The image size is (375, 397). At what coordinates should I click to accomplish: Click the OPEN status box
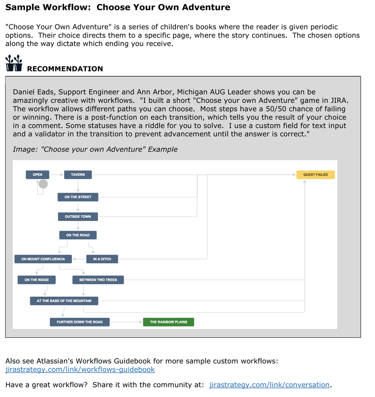tap(37, 174)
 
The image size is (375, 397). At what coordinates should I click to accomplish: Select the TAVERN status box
tap(78, 174)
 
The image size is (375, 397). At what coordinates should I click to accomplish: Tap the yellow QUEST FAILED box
tap(315, 174)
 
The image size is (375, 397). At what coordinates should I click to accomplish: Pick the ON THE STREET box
tap(78, 197)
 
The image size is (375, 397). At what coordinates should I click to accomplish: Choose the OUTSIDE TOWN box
tap(78, 217)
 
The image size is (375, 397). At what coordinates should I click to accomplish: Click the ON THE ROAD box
tap(78, 235)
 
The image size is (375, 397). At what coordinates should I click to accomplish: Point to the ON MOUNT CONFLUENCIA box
tap(43, 259)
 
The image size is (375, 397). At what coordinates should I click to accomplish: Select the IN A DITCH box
tap(102, 259)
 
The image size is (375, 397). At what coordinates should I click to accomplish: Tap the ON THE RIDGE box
tap(37, 280)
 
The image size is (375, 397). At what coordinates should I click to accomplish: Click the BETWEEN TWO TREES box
tap(98, 280)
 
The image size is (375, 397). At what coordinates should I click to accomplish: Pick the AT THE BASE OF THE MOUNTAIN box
tap(64, 301)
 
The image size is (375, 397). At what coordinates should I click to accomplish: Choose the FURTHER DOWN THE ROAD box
tap(80, 322)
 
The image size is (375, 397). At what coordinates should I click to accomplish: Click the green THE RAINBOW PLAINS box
tap(168, 322)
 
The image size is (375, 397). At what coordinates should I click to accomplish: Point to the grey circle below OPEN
tap(43, 184)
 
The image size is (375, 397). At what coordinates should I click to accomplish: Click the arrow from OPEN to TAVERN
tap(58, 174)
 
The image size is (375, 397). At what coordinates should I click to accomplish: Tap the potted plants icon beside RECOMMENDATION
tap(14, 64)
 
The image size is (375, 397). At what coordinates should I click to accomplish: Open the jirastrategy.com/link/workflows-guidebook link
tap(80, 370)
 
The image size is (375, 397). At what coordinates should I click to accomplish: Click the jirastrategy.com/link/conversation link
tap(270, 385)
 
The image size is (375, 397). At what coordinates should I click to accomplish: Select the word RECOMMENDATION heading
tap(65, 69)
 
